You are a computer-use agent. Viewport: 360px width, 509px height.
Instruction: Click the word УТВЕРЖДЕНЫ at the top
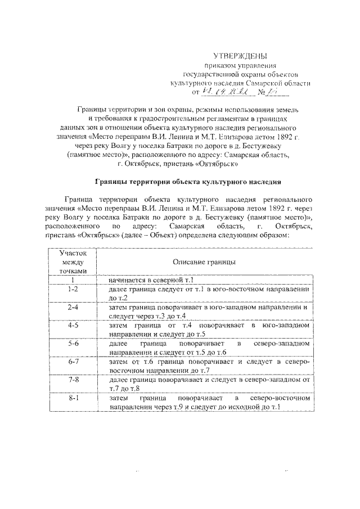click(240, 56)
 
